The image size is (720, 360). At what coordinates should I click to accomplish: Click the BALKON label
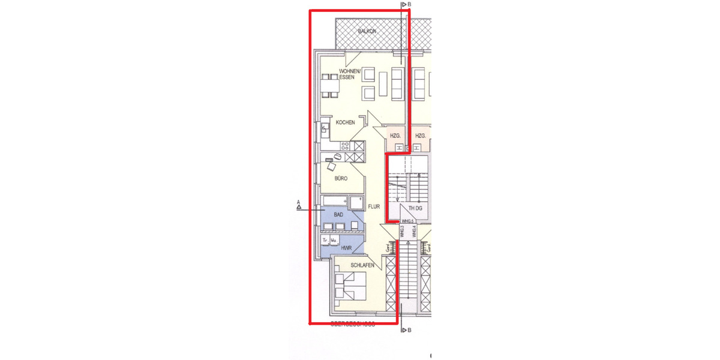tap(367, 30)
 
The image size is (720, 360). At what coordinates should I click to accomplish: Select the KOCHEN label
tap(345, 122)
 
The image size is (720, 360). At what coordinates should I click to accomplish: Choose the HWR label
tap(346, 247)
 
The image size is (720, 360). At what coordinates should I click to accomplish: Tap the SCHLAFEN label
tap(364, 265)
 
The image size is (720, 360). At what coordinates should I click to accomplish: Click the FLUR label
tap(374, 206)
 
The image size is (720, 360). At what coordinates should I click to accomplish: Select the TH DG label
tap(415, 208)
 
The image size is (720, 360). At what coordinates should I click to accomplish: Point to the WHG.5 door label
tap(409, 221)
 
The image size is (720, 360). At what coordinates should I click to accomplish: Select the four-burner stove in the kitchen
tap(345, 145)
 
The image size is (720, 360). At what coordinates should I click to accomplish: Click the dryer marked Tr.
tap(326, 241)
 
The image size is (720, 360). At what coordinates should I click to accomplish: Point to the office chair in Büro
tap(338, 156)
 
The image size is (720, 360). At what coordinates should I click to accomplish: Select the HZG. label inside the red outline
tap(395, 136)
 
